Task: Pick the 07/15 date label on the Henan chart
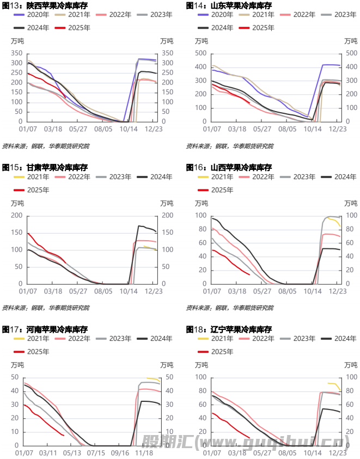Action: coord(96,452)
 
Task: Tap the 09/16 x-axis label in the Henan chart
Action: coord(120,452)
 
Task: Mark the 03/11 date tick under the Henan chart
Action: coord(48,452)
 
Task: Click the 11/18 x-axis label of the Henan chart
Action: coord(144,452)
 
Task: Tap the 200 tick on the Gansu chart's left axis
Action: coord(18,216)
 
